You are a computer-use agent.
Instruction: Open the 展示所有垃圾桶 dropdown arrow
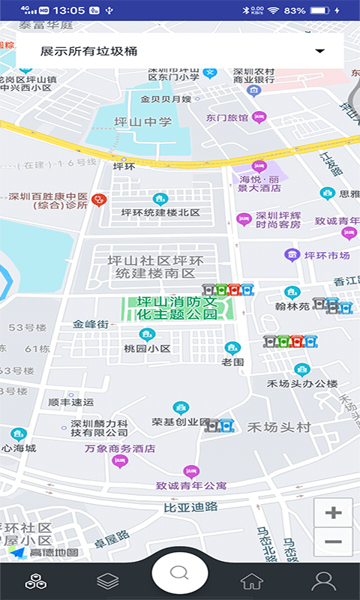point(320,51)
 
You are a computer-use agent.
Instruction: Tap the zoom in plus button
point(334,513)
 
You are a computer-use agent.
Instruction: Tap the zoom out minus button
point(334,541)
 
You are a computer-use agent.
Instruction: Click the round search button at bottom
point(179,573)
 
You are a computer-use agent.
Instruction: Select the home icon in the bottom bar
point(251,580)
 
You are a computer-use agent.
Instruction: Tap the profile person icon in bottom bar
point(323,580)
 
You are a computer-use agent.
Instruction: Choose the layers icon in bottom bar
point(108,580)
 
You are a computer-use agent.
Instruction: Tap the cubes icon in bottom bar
point(35,580)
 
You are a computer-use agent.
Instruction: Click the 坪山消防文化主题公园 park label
point(177,307)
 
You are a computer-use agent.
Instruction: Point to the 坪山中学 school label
point(142,122)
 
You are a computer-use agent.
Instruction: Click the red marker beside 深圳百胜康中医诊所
point(98,200)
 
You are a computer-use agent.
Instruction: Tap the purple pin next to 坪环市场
point(292,255)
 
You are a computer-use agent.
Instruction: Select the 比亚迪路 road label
point(190,507)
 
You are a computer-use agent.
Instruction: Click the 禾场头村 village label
point(279,427)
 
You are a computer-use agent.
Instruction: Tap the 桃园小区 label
point(147,349)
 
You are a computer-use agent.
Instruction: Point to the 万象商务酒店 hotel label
point(120,448)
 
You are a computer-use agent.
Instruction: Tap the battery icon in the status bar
point(319,10)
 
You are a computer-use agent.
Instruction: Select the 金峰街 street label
point(91,324)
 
